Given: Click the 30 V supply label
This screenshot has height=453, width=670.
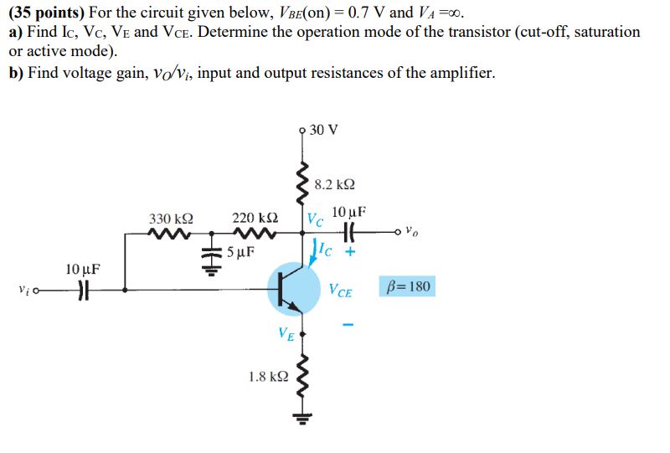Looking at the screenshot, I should tap(324, 130).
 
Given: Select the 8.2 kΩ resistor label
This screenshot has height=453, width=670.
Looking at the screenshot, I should tap(333, 184).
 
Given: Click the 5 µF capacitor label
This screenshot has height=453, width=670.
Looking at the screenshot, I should tap(240, 251).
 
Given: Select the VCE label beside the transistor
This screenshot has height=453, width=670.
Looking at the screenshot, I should tap(341, 291).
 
